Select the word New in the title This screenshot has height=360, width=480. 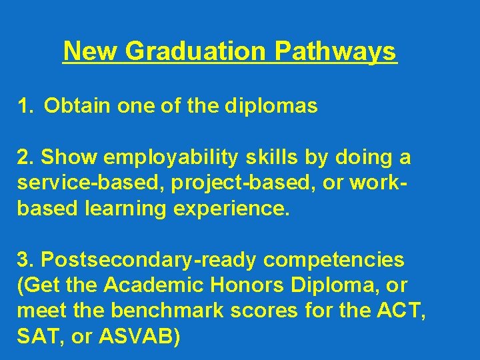(x=85, y=51)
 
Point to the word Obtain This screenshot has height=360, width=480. (x=73, y=106)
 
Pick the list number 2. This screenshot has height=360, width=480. (x=25, y=158)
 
